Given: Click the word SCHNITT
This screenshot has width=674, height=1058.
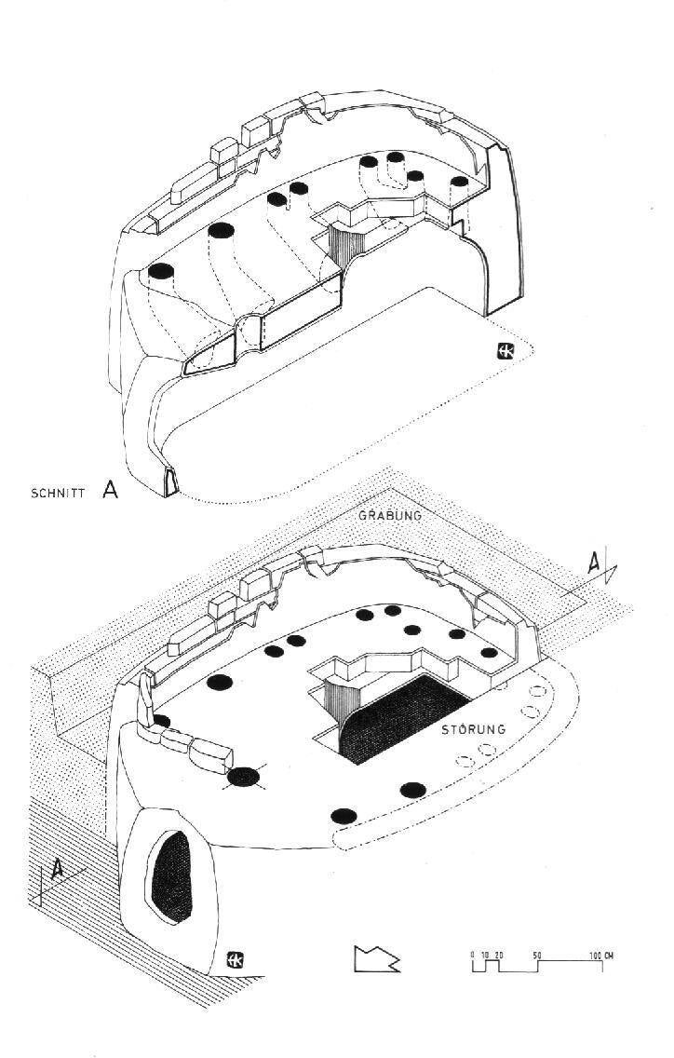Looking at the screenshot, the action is (58, 493).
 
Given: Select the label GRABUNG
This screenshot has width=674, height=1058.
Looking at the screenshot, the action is (390, 516).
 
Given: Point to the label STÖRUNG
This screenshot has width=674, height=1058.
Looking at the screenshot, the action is (474, 729).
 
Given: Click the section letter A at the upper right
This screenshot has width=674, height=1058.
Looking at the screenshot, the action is (594, 562).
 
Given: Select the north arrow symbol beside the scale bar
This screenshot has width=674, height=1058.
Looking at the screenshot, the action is (376, 959).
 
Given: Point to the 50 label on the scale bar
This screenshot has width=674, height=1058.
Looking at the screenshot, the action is (537, 956).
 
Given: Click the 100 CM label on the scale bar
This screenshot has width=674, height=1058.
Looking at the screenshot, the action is (601, 956).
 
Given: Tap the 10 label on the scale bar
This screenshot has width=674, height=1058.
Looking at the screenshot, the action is (485, 956).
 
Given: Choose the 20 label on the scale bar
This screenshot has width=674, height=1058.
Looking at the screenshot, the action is (499, 956).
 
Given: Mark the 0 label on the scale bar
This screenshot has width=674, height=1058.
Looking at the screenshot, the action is (473, 956).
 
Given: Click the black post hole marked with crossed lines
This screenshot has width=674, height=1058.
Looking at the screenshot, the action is (244, 778).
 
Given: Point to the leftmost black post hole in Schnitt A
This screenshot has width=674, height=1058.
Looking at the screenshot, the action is (161, 271).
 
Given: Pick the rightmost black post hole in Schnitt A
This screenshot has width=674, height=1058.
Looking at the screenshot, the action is (459, 181).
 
